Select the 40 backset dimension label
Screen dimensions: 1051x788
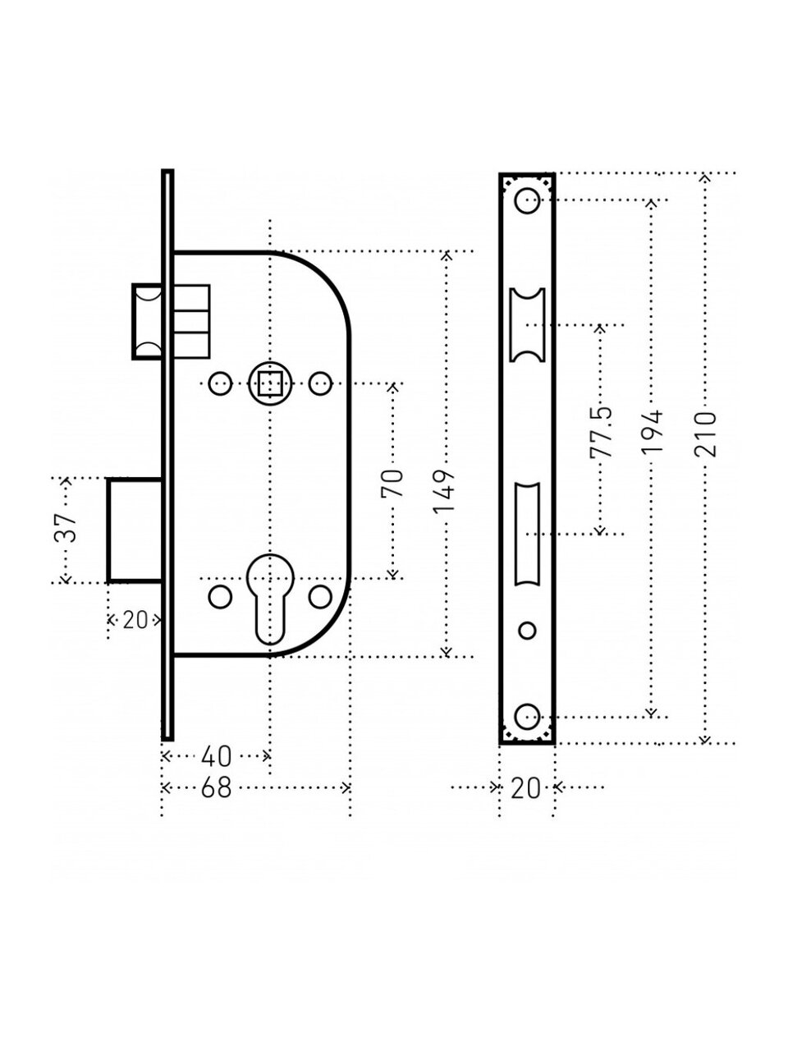click(x=216, y=755)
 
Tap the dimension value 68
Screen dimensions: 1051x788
click(x=216, y=788)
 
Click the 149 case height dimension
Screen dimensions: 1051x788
click(x=444, y=491)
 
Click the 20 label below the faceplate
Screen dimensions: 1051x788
click(x=525, y=788)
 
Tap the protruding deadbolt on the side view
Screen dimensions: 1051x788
click(x=134, y=530)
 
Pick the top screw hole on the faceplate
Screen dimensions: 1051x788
click(x=526, y=199)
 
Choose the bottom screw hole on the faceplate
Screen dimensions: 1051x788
click(x=526, y=715)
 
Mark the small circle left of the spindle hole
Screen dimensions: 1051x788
click(x=219, y=383)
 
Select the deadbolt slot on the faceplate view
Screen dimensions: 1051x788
click(x=526, y=535)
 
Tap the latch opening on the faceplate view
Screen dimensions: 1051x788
click(x=526, y=324)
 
